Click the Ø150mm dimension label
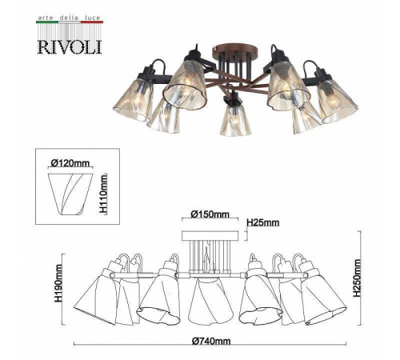click(x=210, y=214)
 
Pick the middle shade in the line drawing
click(x=210, y=300)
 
